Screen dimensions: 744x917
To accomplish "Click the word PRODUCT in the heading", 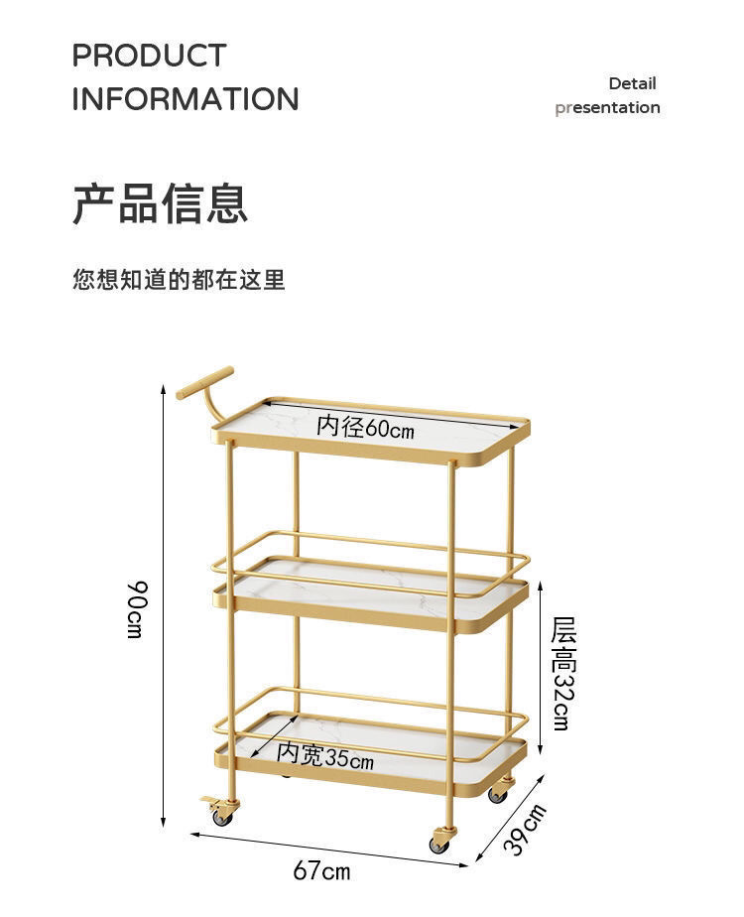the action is (x=149, y=56).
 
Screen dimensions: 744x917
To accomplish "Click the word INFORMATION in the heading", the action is (x=185, y=99).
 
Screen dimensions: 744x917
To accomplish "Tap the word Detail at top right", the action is (x=632, y=83).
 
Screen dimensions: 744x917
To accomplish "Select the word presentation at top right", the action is (x=607, y=107).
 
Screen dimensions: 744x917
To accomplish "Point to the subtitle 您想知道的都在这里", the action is (x=179, y=280).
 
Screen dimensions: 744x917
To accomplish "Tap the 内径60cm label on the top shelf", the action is (x=365, y=428).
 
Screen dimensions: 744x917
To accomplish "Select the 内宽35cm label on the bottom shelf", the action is (x=325, y=757).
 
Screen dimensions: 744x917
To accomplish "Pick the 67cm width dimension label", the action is (x=321, y=871).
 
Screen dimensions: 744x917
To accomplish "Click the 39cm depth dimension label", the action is (x=523, y=830).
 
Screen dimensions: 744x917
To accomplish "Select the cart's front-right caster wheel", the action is (x=440, y=843).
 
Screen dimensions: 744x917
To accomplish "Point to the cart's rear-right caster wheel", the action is (x=498, y=794).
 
